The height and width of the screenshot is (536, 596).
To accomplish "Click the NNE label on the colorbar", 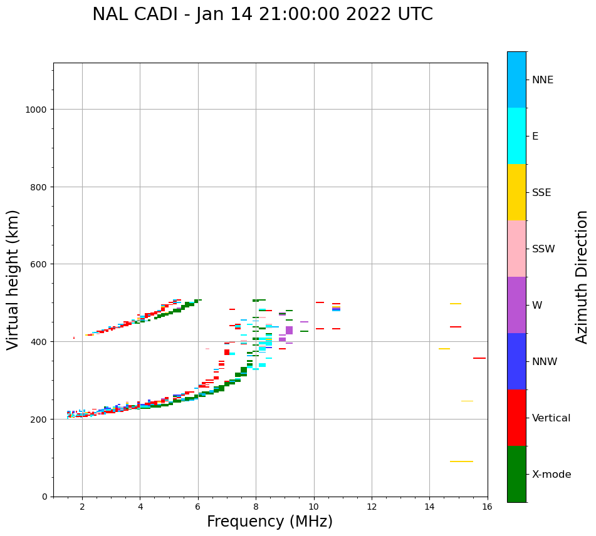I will click(x=542, y=80).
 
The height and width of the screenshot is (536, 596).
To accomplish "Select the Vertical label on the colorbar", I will click(x=551, y=418).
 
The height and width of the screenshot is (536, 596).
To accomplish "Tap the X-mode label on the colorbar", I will click(x=551, y=475).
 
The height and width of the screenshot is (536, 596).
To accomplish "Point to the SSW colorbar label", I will click(x=543, y=249).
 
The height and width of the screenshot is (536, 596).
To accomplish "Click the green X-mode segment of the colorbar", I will click(x=516, y=474).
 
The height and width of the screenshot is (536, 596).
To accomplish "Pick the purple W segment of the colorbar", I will click(x=516, y=305).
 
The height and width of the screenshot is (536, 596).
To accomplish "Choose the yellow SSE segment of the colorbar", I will click(x=516, y=192).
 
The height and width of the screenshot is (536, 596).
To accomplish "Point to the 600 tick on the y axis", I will click(x=38, y=264).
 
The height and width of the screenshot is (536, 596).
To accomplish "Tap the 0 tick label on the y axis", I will click(x=44, y=497).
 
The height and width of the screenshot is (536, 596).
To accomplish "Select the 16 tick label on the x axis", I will click(x=487, y=507).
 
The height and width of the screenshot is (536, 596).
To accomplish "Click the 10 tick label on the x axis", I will click(x=313, y=507).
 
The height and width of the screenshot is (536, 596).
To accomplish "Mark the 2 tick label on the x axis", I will click(x=82, y=507).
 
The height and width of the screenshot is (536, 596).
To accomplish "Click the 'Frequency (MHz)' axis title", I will click(x=269, y=522).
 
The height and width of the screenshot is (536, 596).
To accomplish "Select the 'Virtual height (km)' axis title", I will click(x=13, y=279).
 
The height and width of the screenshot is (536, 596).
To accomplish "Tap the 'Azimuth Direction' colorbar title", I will click(x=582, y=277).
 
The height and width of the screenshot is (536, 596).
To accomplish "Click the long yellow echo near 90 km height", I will click(x=461, y=461).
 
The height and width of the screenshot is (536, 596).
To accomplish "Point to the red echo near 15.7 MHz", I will click(x=479, y=358).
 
